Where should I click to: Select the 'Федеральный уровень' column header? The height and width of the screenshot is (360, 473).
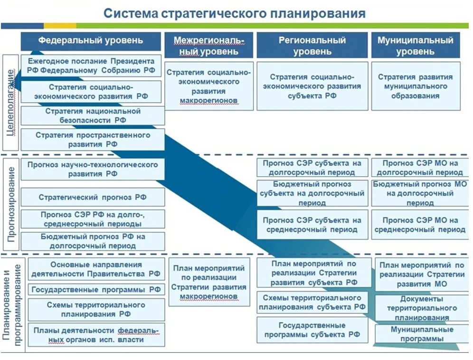(x=91, y=41)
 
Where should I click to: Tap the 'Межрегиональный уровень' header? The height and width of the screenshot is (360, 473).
(x=209, y=46)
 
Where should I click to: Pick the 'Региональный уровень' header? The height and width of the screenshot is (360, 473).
(x=312, y=46)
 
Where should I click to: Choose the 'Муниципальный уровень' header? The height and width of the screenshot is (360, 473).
(x=415, y=46)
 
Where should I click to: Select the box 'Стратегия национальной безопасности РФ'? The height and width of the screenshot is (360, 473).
(x=93, y=115)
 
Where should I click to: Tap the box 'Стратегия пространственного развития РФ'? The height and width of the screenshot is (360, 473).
(x=93, y=140)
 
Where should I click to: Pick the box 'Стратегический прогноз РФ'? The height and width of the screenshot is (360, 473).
(x=93, y=197)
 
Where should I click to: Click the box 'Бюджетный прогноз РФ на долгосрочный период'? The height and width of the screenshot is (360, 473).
(x=93, y=241)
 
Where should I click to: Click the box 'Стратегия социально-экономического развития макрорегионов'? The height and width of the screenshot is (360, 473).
(x=209, y=86)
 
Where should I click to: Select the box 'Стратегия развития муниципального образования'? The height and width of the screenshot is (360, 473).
(x=415, y=86)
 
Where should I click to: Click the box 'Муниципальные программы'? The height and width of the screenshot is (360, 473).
(x=422, y=334)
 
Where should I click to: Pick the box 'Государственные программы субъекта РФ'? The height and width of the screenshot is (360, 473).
(x=312, y=330)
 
